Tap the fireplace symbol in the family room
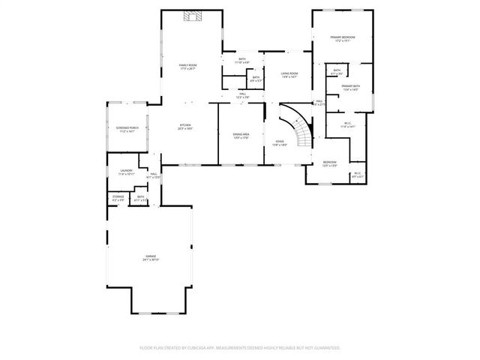pos(193,18)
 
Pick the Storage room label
pos(117,198)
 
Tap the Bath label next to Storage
pos(140,198)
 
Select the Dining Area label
pos(241,134)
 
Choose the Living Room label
pos(289,73)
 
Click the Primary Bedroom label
pos(342,37)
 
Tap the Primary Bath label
pos(351,87)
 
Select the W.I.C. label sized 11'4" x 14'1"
pos(347,124)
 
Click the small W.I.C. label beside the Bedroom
pos(357,175)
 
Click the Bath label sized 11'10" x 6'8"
pos(242,59)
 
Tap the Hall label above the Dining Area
pos(242,95)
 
